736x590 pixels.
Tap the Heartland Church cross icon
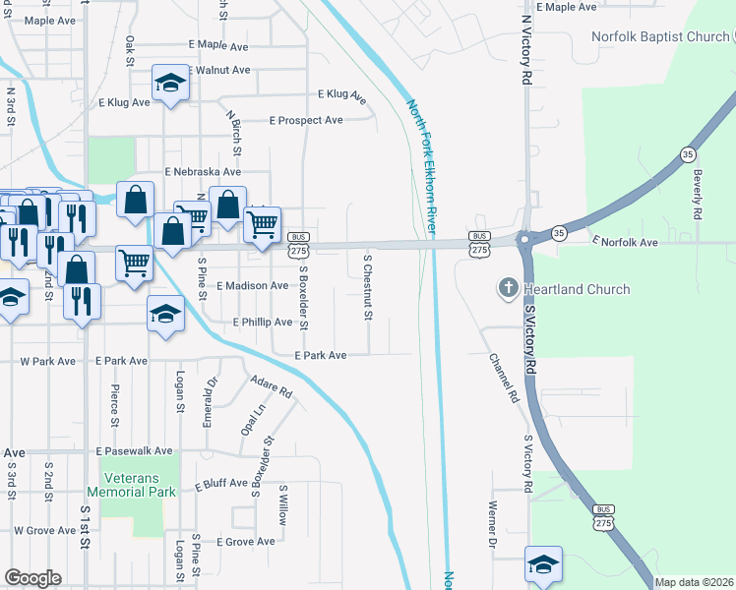(509, 288)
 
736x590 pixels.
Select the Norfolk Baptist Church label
(660, 37)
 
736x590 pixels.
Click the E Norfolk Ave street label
(624, 241)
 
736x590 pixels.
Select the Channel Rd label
(503, 379)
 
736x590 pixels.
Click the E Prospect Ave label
(306, 120)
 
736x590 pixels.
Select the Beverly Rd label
(697, 193)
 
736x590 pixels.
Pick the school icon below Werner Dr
(543, 563)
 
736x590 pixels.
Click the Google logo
(32, 578)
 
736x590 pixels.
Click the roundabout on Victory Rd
(523, 239)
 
